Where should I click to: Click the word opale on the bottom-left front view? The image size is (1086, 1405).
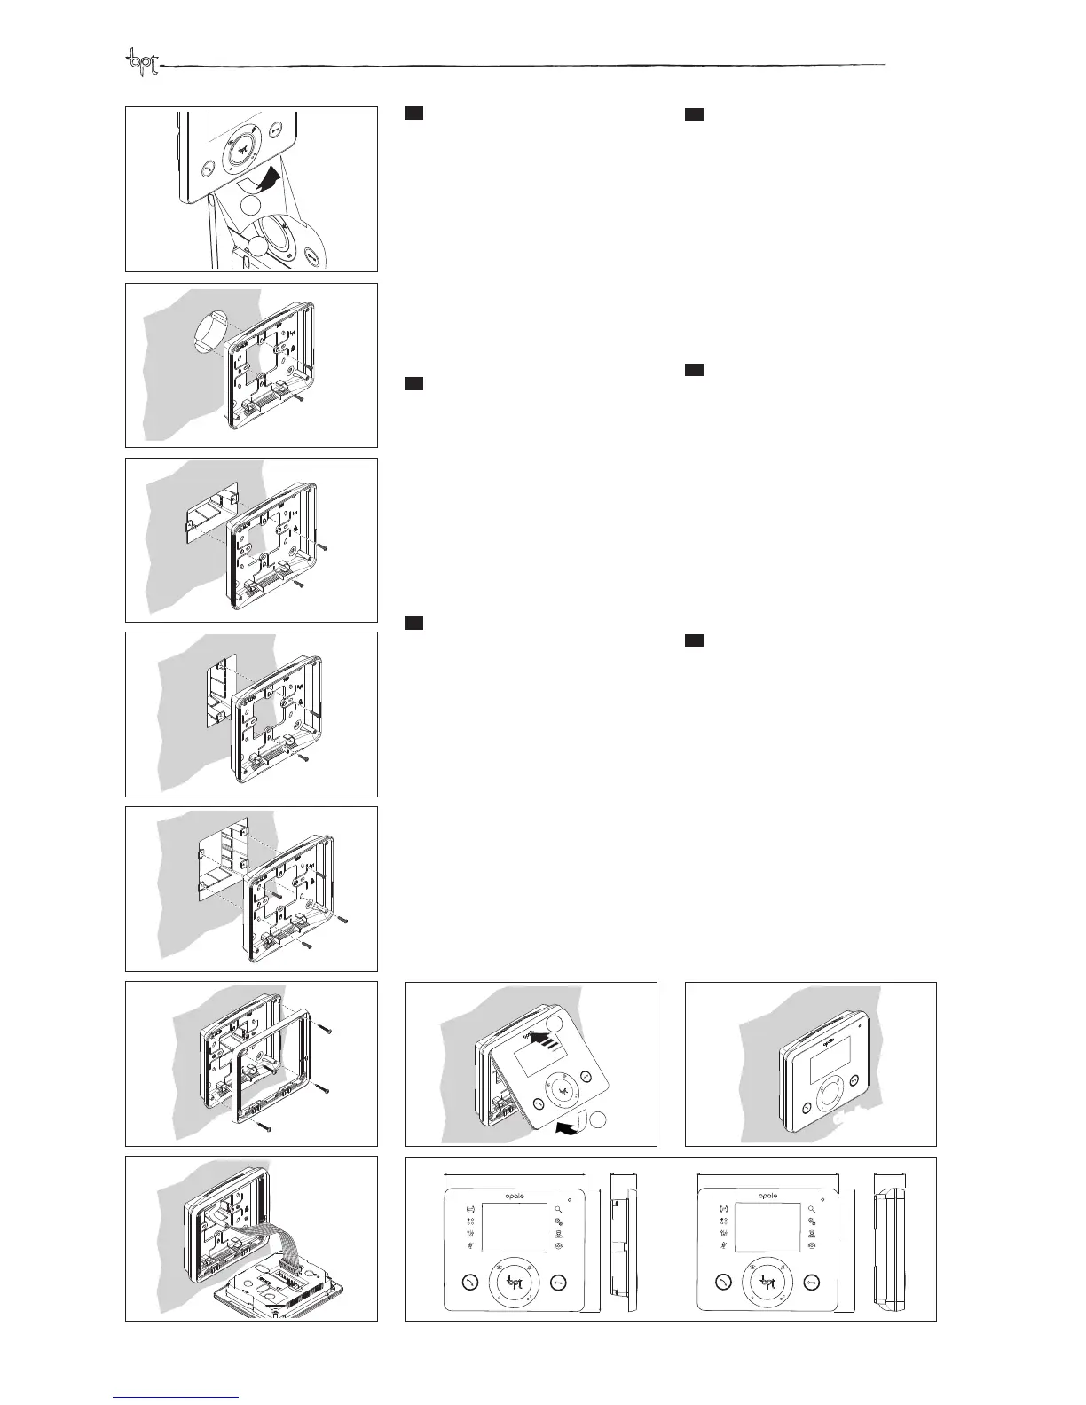[514, 1194]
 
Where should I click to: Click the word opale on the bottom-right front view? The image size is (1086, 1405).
[767, 1195]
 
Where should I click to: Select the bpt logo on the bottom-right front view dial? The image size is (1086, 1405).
[767, 1281]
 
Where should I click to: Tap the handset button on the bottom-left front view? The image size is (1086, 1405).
[469, 1281]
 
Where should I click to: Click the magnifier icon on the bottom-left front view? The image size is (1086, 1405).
[559, 1209]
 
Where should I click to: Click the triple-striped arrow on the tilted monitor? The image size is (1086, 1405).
[544, 1040]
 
